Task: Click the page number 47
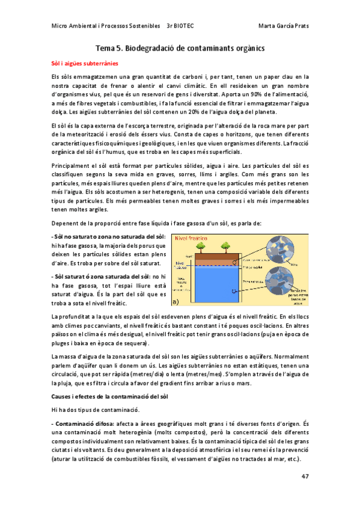tap(305, 476)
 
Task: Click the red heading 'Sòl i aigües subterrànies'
tap(84, 63)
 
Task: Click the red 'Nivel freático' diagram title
tap(190, 239)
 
